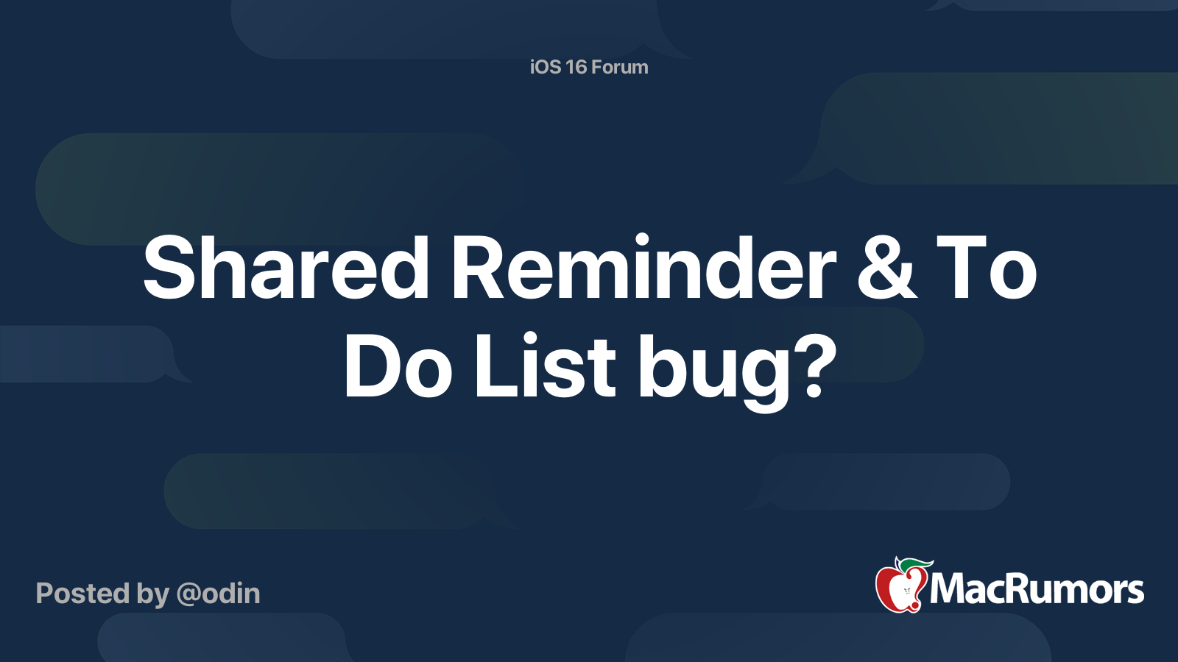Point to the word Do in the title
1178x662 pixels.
(398, 366)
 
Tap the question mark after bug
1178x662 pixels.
(814, 366)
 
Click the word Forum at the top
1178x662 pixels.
(619, 67)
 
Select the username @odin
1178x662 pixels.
(218, 594)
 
